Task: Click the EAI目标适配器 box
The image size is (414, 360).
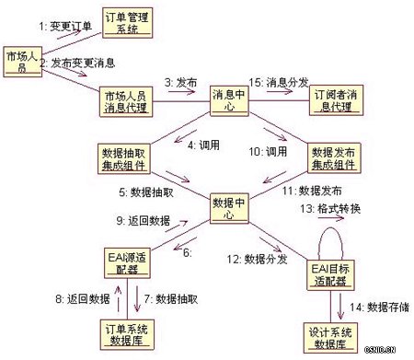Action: coord(328,274)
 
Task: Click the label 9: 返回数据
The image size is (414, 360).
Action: coord(145,221)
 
